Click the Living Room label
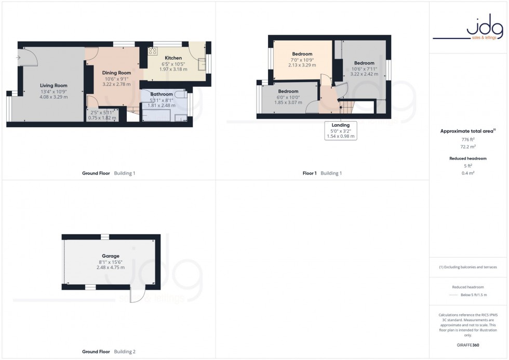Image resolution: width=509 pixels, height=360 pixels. coord(54,85)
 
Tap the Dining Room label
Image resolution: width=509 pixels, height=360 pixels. coord(116,73)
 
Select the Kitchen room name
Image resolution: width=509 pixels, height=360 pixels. coord(173,58)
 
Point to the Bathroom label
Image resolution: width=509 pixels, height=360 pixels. coord(162,94)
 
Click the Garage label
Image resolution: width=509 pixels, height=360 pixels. coord(111,256)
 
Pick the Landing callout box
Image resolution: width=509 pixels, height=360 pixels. coord(341,130)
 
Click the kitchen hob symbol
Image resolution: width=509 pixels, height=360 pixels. coord(153,51)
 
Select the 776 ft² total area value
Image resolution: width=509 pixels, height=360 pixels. coord(468,140)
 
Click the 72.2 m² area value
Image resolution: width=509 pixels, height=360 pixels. coord(468,147)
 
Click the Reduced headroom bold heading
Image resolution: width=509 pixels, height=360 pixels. coord(468,158)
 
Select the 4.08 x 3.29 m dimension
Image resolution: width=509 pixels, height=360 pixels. coord(54,97)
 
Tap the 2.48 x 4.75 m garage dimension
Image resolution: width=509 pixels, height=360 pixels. coord(111,267)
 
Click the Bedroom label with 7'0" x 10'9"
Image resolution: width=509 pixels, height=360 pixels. coord(302,54)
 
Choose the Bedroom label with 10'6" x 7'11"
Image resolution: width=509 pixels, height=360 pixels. coord(364,63)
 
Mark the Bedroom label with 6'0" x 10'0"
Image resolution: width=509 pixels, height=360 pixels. coord(288,91)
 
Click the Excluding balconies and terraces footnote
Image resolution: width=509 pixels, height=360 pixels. coord(468,267)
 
